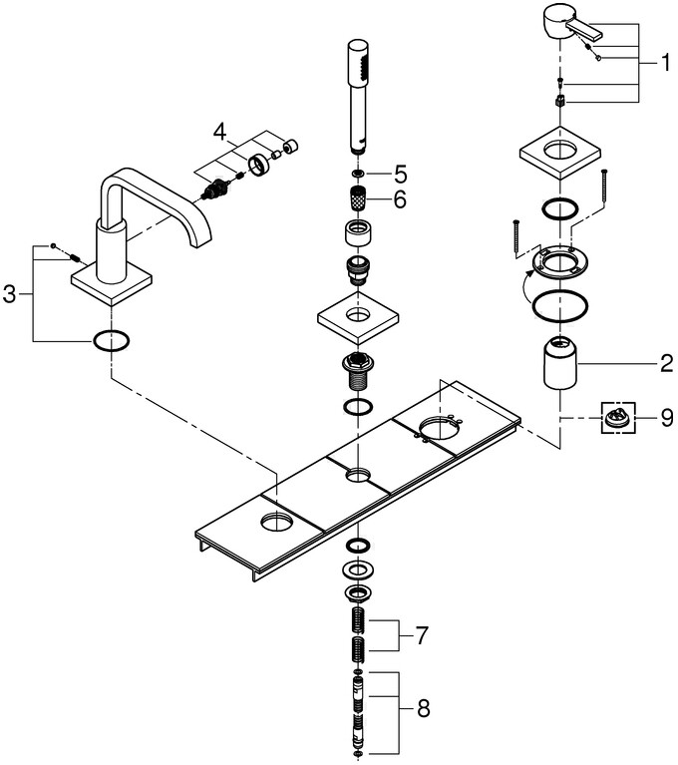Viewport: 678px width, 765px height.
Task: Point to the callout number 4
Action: point(220,131)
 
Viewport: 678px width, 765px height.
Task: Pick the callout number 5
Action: point(400,173)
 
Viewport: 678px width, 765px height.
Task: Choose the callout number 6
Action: point(400,199)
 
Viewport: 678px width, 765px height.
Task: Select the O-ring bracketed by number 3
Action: point(111,342)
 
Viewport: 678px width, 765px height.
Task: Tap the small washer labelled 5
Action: point(358,174)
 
